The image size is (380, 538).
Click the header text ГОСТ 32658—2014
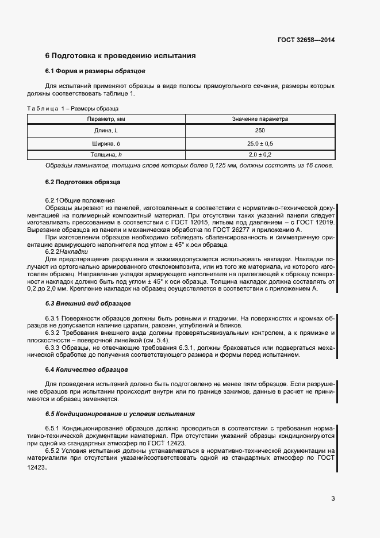click(306, 40)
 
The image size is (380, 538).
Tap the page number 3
click(333, 498)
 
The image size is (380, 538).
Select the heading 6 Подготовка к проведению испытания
click(121, 56)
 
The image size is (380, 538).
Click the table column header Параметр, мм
click(106, 119)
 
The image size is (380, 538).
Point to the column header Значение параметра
click(260, 119)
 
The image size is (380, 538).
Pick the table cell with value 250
click(260, 131)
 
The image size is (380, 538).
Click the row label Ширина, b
click(106, 143)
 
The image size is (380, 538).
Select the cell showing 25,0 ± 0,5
click(260, 143)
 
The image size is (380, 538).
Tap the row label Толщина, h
click(106, 155)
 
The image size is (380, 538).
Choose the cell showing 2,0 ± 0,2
click(260, 155)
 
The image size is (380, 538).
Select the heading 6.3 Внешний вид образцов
click(88, 303)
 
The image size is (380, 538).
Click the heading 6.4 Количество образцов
click(86, 369)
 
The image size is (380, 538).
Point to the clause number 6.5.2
click(53, 451)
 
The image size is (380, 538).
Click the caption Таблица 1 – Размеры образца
click(73, 109)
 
